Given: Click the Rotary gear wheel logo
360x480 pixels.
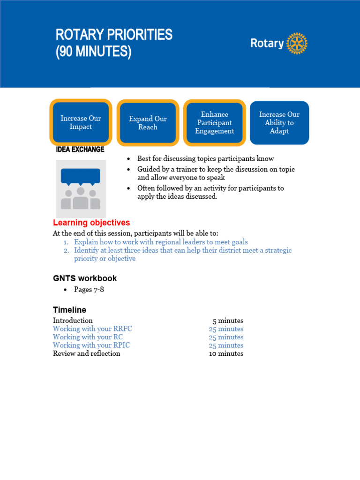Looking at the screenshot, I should pos(297,44).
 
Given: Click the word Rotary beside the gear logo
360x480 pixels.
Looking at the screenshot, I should pos(267,44).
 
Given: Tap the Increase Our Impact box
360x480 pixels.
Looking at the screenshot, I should pos(81,122).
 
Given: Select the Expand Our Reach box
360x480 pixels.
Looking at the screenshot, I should pos(148,123).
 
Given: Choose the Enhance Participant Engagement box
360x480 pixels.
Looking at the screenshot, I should pos(215,122).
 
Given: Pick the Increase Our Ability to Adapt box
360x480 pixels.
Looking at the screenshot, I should pos(279,122).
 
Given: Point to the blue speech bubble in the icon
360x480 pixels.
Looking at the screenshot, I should pos(81,176).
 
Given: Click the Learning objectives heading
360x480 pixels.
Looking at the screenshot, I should pos(91,223).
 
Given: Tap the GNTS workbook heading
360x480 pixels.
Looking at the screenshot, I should pos(85,278).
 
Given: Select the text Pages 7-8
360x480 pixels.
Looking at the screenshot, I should pos(89,290).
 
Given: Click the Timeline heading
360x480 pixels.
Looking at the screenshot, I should pos(69,310).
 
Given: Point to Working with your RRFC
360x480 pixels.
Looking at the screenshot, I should pos(92,329).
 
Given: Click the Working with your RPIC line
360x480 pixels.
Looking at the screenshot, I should pos(91,345).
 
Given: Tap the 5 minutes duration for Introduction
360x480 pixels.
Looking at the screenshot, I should pos(228,321).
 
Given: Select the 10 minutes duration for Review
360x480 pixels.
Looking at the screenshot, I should pos(226,353).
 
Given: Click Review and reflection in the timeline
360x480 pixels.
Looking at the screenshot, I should pos(86,353).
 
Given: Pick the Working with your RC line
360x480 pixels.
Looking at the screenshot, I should pos(88,337).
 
